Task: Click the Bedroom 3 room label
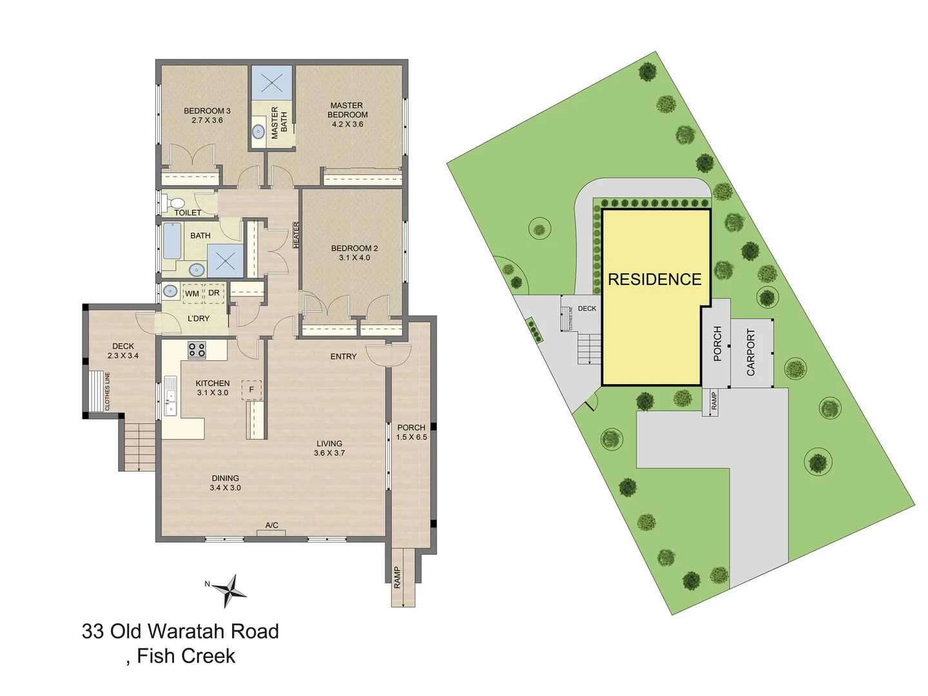pyautogui.click(x=207, y=115)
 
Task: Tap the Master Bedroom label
pyautogui.click(x=347, y=115)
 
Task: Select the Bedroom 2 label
pyautogui.click(x=354, y=253)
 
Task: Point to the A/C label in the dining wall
pyautogui.click(x=272, y=525)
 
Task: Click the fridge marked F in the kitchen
pyautogui.click(x=251, y=390)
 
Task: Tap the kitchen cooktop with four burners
pyautogui.click(x=197, y=350)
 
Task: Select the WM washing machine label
pyautogui.click(x=192, y=294)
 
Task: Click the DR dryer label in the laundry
pyautogui.click(x=214, y=293)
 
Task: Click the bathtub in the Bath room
pyautogui.click(x=171, y=240)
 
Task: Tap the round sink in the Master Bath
pyautogui.click(x=258, y=132)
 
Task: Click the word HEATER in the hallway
pyautogui.click(x=296, y=235)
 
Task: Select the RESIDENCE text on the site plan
pyautogui.click(x=655, y=280)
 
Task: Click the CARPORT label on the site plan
pyautogui.click(x=751, y=353)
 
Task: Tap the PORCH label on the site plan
pyautogui.click(x=718, y=343)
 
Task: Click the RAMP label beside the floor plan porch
pyautogui.click(x=398, y=577)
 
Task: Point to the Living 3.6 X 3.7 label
pyautogui.click(x=329, y=448)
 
